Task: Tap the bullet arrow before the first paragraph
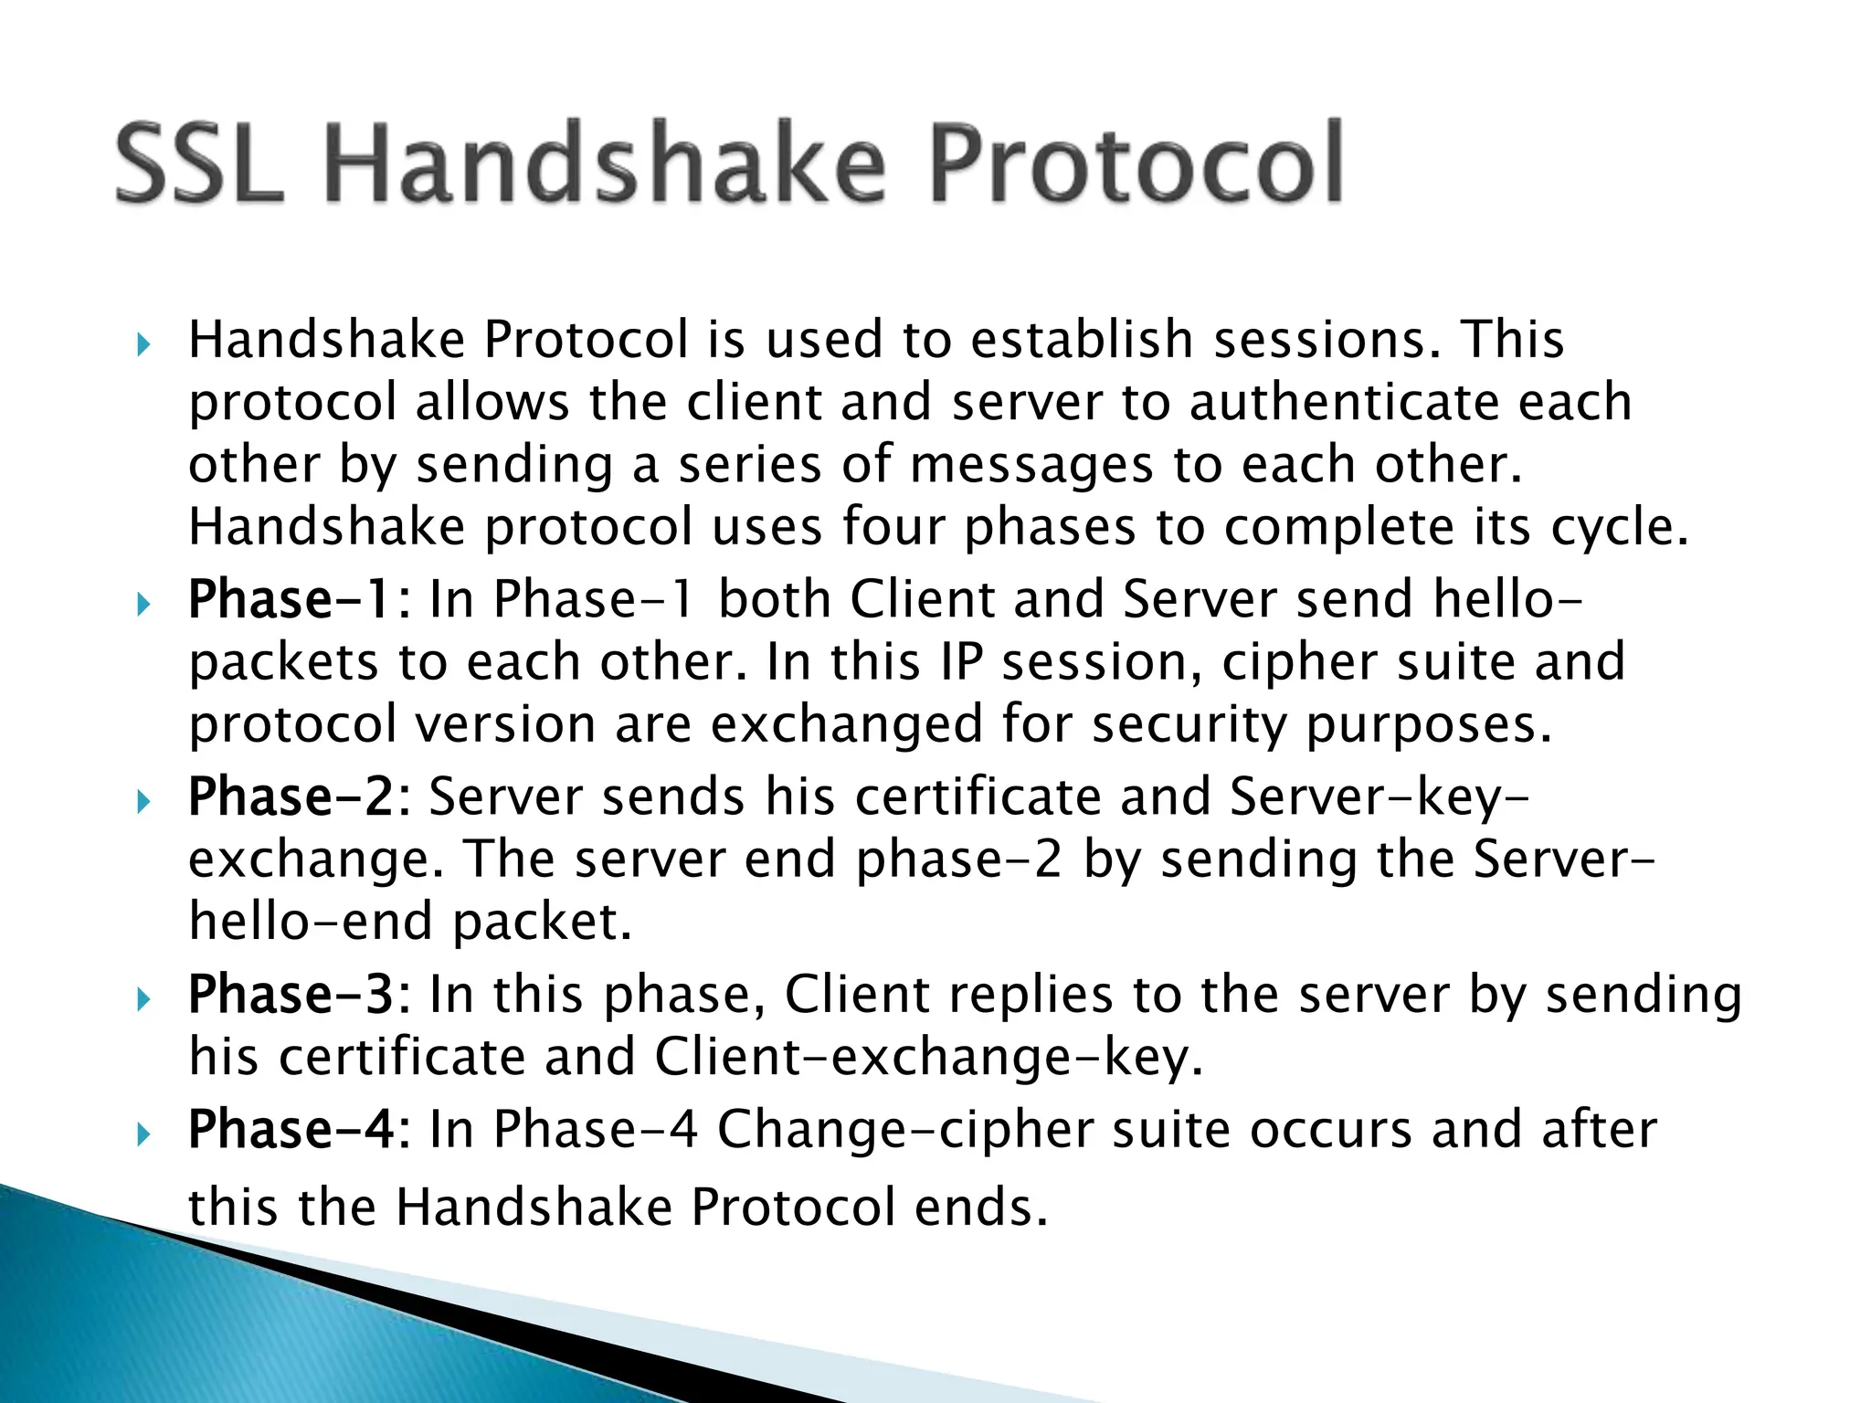[x=143, y=346]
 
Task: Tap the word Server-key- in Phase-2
[x=1379, y=796]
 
